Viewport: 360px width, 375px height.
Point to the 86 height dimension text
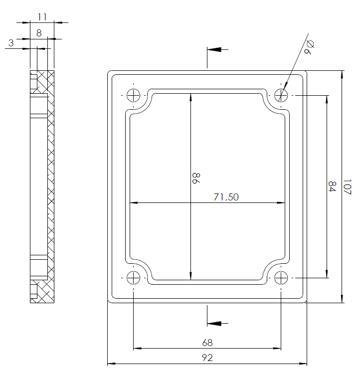[195, 179]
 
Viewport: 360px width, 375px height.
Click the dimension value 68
[207, 343]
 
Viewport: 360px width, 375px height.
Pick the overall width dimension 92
[207, 358]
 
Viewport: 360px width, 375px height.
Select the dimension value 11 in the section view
[42, 17]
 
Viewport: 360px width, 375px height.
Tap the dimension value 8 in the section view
[39, 33]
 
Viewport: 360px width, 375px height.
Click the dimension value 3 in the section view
[11, 43]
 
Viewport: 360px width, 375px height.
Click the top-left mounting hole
[134, 95]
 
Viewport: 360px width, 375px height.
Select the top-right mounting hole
[281, 95]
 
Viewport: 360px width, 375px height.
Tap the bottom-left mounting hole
[134, 278]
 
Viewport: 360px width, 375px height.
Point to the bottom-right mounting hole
[281, 278]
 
